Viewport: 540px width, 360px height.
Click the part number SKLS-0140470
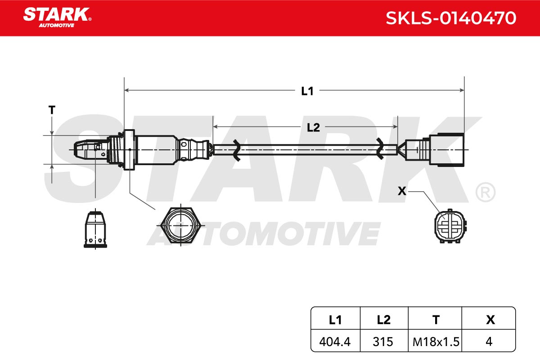[x=451, y=18]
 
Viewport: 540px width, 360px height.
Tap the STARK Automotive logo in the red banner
[x=58, y=18]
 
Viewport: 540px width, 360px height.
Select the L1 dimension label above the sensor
[x=307, y=91]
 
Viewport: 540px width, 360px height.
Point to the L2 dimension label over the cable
[x=313, y=127]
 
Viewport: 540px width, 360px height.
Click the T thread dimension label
[x=52, y=110]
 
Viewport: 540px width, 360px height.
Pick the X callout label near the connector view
[x=402, y=191]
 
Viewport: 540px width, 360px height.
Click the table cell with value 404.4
[x=335, y=342]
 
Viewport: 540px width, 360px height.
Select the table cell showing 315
[x=383, y=342]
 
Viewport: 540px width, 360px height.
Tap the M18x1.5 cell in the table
[x=436, y=342]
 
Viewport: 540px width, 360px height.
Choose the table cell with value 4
[x=489, y=342]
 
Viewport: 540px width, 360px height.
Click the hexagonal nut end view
[x=180, y=225]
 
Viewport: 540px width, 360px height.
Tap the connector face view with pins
[x=450, y=226]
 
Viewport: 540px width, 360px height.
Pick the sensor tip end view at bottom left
[x=95, y=229]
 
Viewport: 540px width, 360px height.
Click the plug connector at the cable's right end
[x=434, y=150]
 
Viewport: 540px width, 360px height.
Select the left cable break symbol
[x=236, y=150]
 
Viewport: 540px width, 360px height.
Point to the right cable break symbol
[x=380, y=148]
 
